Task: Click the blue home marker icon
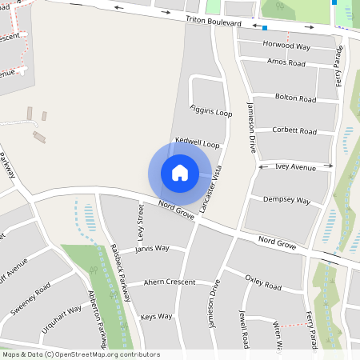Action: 180,173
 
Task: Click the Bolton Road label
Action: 295,98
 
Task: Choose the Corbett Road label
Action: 295,130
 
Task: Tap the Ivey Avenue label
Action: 296,167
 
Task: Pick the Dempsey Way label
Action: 286,200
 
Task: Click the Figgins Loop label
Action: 210,110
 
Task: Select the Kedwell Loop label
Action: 197,144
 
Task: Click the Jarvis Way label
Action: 152,249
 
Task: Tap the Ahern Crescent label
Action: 169,282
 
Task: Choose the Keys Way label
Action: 156,317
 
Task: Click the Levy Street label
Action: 141,222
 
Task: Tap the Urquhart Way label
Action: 62,316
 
